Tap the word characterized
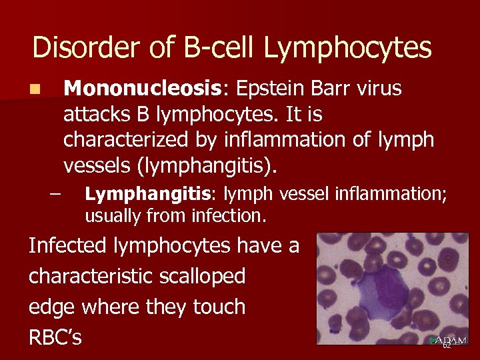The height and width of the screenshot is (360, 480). tap(128, 140)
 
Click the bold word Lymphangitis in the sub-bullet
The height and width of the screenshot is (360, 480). tap(147, 194)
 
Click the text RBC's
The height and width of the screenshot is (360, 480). tap(55, 337)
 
